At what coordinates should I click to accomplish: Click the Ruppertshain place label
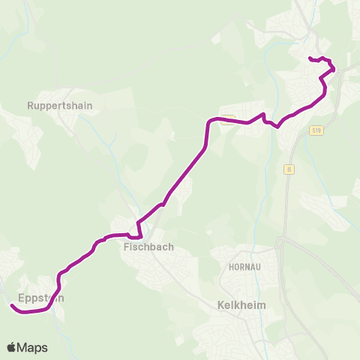click(59, 106)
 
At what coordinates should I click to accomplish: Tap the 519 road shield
click(316, 130)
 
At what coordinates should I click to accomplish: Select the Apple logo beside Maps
click(12, 347)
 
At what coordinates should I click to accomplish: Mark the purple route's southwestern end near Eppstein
click(13, 305)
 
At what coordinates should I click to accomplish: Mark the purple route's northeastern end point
click(310, 58)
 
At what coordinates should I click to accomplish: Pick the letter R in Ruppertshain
click(29, 106)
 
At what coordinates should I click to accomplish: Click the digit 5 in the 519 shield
click(313, 130)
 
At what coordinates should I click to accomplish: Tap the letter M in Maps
click(22, 347)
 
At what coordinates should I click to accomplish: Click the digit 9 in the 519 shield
click(319, 130)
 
